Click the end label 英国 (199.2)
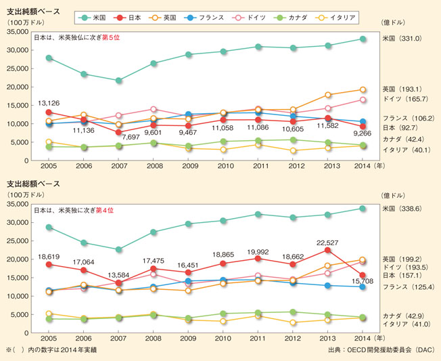pos(402,259)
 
